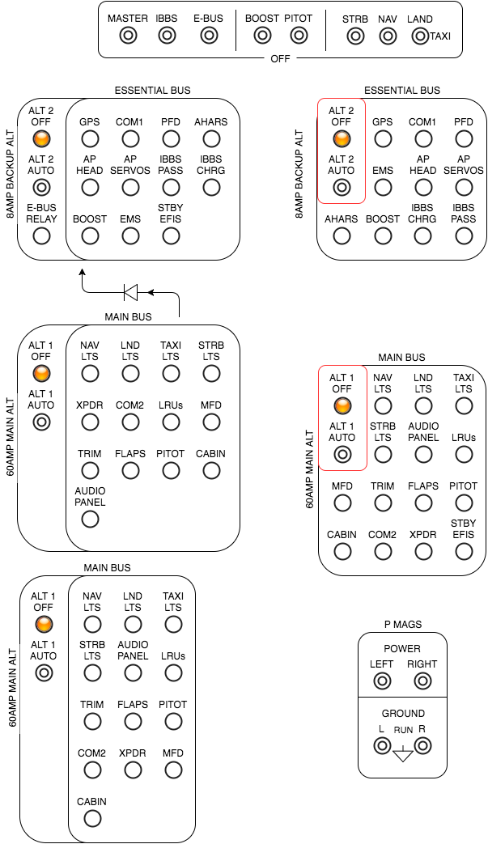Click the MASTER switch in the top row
[128, 36]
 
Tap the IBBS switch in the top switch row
[167, 36]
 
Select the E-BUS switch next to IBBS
[208, 36]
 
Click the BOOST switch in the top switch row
[261, 36]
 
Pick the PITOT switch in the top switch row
[299, 36]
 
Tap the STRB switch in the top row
[354, 36]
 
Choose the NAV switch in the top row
[388, 36]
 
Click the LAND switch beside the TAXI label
[419, 36]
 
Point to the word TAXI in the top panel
[440, 36]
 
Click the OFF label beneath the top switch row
[280, 59]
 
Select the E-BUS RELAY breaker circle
[41, 236]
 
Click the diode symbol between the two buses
[129, 291]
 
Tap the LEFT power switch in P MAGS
[381, 681]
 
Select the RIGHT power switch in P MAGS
[422, 681]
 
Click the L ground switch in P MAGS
[382, 745]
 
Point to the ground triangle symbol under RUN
[402, 756]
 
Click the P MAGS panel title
[402, 624]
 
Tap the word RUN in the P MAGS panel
[402, 730]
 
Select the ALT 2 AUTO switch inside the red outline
[342, 188]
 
